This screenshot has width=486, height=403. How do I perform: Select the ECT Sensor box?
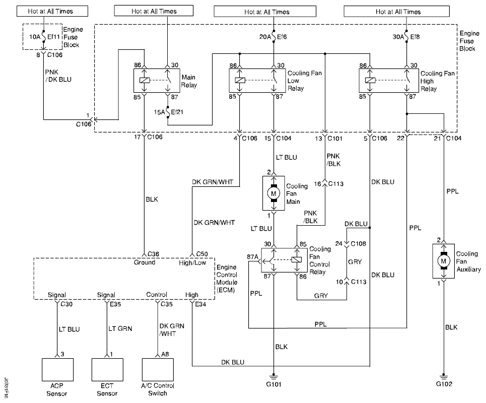[107, 372]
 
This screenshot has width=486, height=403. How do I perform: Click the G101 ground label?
[273, 384]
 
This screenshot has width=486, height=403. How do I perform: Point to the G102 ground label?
[444, 384]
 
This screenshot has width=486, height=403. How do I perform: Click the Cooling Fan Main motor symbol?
[274, 193]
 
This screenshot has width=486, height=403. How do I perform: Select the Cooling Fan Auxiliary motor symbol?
[444, 261]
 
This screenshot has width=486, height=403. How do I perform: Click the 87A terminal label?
[252, 257]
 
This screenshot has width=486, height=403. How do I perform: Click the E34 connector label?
[200, 304]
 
